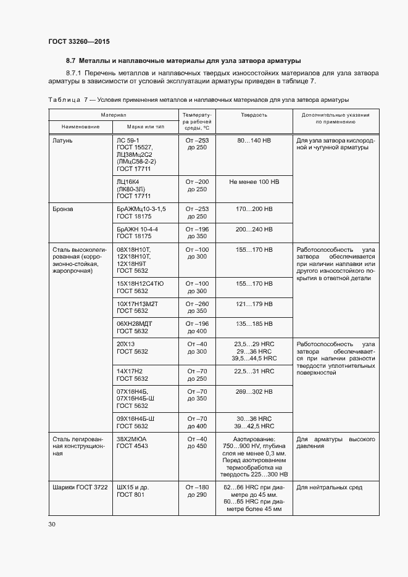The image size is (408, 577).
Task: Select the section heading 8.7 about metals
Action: point(183,61)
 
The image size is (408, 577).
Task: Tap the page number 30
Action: point(52,525)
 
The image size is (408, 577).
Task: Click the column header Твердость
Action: point(254,115)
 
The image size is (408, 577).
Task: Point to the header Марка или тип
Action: point(146,127)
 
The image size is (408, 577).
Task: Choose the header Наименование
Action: point(80,127)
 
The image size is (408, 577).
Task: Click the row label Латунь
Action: point(63,140)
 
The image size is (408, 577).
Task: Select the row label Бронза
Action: point(64,209)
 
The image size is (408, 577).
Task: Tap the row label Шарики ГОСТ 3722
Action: point(78,488)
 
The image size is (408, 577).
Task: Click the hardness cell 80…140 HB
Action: point(254,140)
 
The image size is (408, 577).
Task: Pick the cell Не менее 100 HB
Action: point(254,182)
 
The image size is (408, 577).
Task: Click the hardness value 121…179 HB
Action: point(254,304)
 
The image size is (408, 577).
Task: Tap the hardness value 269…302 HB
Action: point(254,391)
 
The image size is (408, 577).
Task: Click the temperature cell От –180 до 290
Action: point(198,491)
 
